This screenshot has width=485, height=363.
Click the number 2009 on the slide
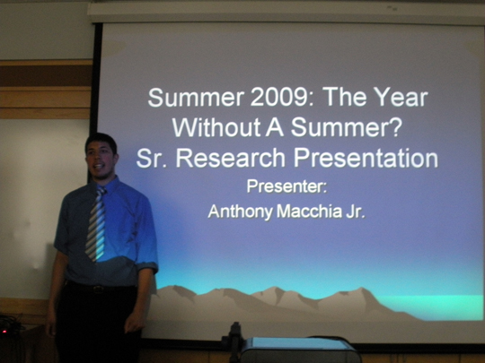279,97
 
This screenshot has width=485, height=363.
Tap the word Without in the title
216,127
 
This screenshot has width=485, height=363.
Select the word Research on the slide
231,158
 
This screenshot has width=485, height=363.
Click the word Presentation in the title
366,158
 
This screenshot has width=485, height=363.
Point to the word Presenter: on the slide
287,186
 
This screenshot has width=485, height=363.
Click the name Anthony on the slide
241,212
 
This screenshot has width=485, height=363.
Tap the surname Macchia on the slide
309,212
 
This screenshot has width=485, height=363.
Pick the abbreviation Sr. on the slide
152,158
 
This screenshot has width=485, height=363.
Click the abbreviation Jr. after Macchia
356,212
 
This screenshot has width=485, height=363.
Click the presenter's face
100,161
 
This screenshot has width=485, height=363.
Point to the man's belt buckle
99,290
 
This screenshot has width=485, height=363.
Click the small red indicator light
4,332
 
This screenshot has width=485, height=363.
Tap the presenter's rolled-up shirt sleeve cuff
147,265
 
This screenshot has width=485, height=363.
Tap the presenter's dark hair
101,142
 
